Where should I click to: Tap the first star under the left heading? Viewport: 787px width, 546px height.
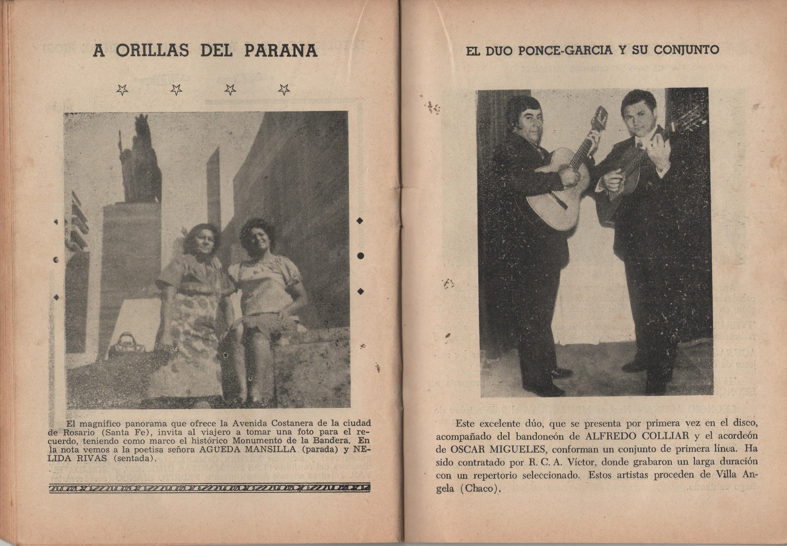[x=122, y=90]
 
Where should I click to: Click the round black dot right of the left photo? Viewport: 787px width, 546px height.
[x=360, y=256]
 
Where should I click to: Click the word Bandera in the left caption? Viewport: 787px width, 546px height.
[x=332, y=440]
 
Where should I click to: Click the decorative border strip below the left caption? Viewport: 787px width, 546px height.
[x=210, y=489]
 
